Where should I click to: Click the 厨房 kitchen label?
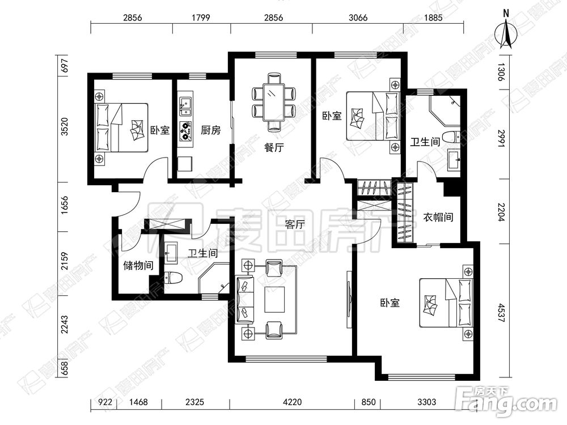point(210,130)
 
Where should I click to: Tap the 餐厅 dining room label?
point(274,147)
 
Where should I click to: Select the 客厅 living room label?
point(295,225)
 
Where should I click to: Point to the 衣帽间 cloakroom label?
point(438,217)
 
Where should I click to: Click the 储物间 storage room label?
point(138,266)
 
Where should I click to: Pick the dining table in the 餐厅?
point(274,102)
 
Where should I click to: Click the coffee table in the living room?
point(275,299)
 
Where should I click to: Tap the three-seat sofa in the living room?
point(245,299)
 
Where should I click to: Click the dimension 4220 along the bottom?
point(292,402)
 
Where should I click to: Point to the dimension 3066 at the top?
point(358,18)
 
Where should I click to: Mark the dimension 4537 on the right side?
point(501,313)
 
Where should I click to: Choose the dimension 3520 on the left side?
point(65,126)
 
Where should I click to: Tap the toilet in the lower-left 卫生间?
point(173,278)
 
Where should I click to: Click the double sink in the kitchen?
point(185,106)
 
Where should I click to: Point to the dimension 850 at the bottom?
point(368,402)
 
